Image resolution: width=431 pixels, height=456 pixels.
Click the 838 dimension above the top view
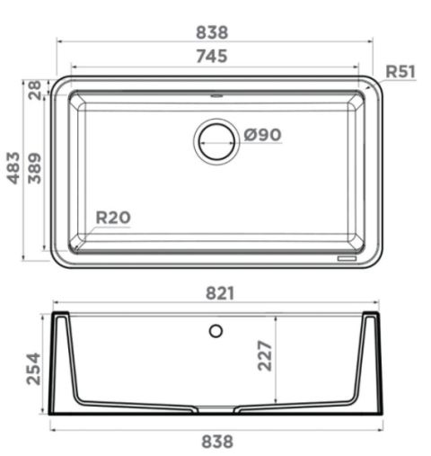212,32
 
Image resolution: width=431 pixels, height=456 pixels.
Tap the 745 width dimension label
212,56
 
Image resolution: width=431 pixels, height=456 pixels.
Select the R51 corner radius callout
400,71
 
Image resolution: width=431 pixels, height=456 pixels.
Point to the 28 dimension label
34,90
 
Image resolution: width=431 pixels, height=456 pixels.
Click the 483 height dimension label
13,168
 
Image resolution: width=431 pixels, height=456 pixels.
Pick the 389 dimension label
34,168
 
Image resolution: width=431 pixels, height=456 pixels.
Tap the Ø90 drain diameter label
262,135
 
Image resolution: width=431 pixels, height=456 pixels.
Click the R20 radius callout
113,218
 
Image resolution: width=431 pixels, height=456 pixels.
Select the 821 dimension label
220,293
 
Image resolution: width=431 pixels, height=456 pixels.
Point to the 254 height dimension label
33,369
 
